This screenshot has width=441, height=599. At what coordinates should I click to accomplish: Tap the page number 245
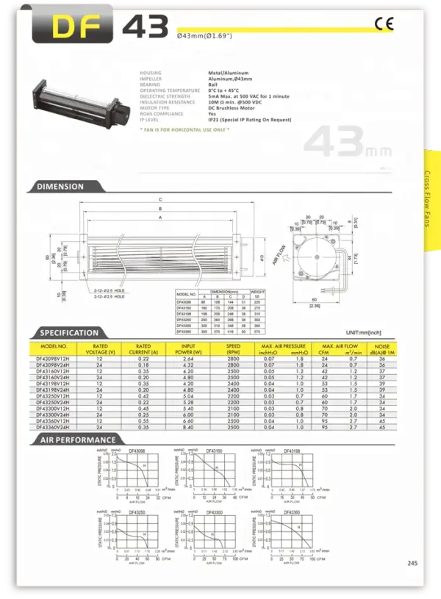pos(412,564)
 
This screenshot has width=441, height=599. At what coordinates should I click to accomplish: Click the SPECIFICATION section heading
pos(69,332)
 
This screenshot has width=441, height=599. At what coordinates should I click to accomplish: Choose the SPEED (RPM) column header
pos(233,348)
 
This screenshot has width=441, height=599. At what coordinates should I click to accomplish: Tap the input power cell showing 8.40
pos(187,426)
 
